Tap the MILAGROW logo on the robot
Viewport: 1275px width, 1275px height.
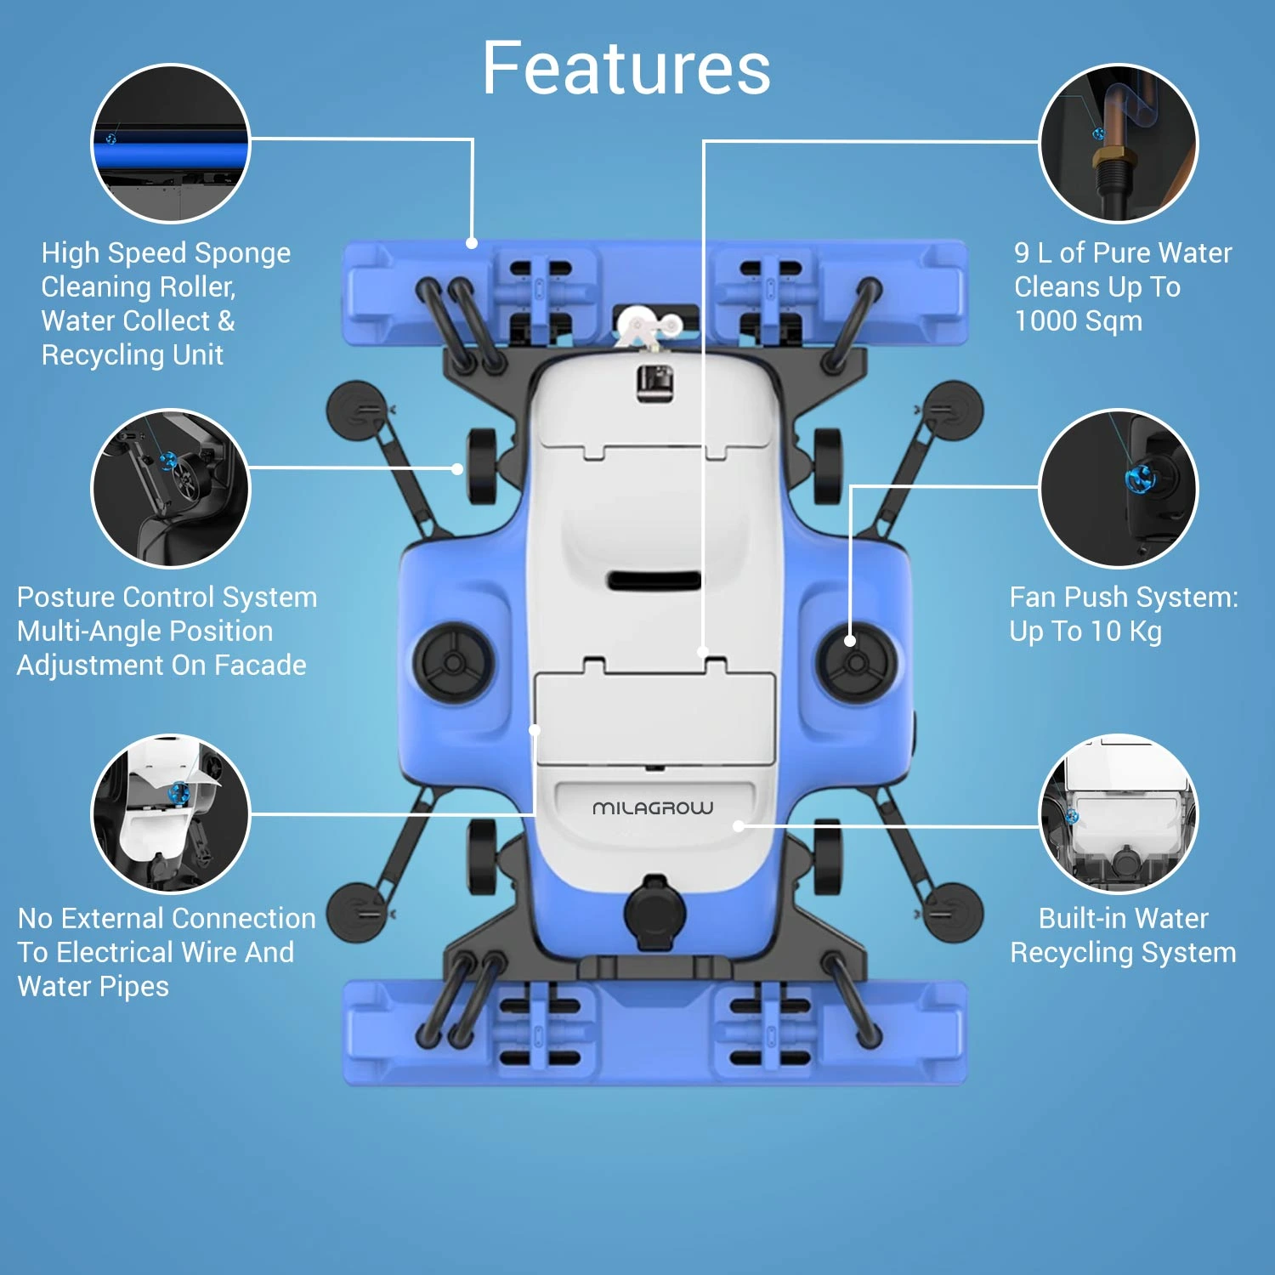[653, 807]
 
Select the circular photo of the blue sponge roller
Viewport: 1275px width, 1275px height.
[170, 143]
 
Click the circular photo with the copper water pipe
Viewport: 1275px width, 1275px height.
[1119, 143]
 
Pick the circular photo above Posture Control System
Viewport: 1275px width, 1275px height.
[170, 488]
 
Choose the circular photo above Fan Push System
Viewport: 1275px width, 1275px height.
[1119, 488]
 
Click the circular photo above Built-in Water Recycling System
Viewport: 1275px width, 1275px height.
[1119, 813]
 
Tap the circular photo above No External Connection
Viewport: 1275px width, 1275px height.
[170, 813]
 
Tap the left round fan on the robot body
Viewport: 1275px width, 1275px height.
[453, 662]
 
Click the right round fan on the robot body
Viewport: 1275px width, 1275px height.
[856, 662]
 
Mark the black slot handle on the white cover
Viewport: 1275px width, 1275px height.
[654, 581]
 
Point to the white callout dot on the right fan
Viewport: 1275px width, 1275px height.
[849, 641]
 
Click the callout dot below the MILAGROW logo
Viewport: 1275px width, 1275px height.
[739, 825]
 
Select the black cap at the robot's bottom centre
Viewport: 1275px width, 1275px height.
[654, 912]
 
